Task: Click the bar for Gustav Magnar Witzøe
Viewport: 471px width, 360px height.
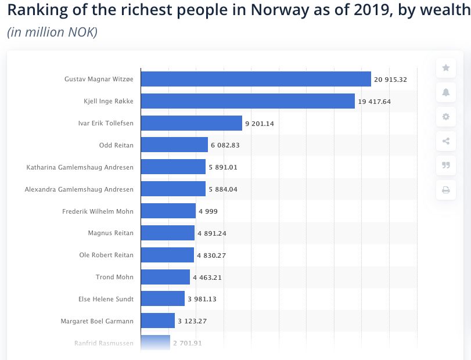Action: (x=256, y=79)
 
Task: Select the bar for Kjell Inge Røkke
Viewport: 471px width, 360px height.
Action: (x=247, y=101)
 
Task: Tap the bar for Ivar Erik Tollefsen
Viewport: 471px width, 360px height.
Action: (x=191, y=123)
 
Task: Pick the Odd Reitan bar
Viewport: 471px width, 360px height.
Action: (x=174, y=145)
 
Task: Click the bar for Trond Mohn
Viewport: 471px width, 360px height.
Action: (x=165, y=277)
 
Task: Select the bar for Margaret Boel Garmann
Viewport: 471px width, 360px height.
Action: (x=157, y=321)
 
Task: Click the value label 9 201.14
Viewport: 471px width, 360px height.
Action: (x=263, y=123)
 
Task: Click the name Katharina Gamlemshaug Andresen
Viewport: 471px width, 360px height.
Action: (x=80, y=167)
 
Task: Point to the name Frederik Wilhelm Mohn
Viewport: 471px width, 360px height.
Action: (x=98, y=211)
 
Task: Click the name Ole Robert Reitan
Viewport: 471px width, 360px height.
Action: (x=106, y=255)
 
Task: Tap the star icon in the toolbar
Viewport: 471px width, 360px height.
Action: (x=446, y=68)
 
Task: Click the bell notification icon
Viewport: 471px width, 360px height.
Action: (x=446, y=92)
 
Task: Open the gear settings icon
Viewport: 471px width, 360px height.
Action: (x=446, y=117)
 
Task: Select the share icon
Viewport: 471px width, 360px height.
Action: (x=446, y=141)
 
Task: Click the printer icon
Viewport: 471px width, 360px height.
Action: (x=446, y=189)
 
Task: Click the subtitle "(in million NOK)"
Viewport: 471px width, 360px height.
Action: (x=52, y=32)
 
